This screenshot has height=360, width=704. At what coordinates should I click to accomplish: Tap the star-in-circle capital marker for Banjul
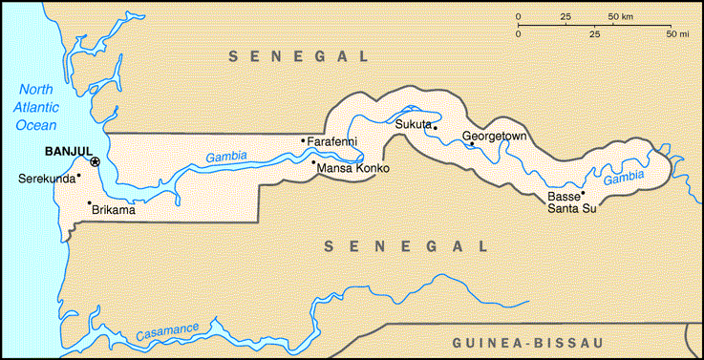click(95, 162)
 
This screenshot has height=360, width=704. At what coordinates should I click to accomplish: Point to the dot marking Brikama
click(89, 202)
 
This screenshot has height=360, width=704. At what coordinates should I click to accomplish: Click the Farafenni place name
click(331, 141)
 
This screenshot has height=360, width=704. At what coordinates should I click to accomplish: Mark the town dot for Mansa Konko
click(313, 162)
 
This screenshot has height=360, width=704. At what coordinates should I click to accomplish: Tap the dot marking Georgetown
click(471, 144)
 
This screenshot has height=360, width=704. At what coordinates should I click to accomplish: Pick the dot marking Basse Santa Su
click(583, 193)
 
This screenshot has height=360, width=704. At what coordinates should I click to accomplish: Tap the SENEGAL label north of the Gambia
click(299, 57)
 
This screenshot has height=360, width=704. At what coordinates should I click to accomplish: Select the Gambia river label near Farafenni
click(225, 157)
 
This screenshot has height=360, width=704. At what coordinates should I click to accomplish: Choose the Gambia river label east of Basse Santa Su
click(624, 178)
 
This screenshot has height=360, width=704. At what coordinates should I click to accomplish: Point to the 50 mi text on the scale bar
click(677, 33)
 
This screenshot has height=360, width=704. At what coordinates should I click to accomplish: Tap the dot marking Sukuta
click(435, 127)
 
